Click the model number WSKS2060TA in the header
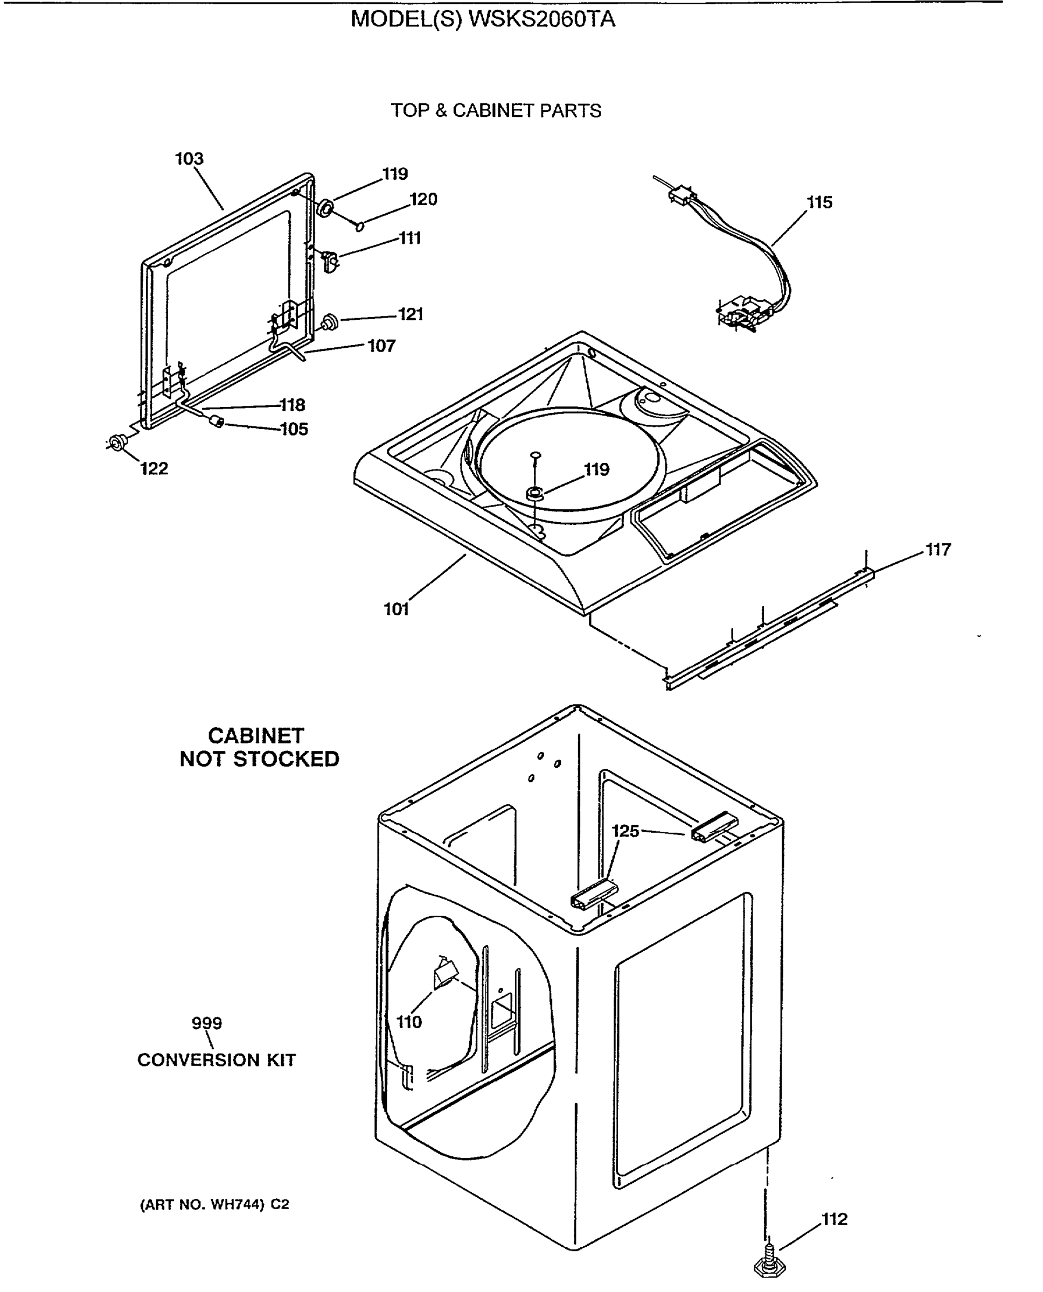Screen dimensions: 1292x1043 click(x=541, y=20)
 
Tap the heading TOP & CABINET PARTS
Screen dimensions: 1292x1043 click(x=496, y=111)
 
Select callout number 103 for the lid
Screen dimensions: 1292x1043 click(x=189, y=159)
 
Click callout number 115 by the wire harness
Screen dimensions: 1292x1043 click(x=819, y=202)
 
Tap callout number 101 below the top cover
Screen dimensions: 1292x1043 click(x=396, y=609)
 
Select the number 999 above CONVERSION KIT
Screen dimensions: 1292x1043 click(x=207, y=1023)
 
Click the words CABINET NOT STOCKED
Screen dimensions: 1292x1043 click(x=259, y=747)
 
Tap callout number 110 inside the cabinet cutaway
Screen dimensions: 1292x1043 click(x=409, y=1022)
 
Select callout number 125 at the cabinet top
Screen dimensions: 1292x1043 click(x=625, y=831)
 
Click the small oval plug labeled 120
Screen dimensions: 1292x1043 click(x=360, y=226)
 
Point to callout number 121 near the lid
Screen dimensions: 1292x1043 click(x=411, y=314)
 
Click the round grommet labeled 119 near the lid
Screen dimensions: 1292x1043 click(x=325, y=208)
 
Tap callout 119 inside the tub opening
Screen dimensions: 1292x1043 click(x=596, y=469)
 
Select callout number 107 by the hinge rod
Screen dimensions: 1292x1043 click(x=381, y=346)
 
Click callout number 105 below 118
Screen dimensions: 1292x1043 click(x=294, y=429)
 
